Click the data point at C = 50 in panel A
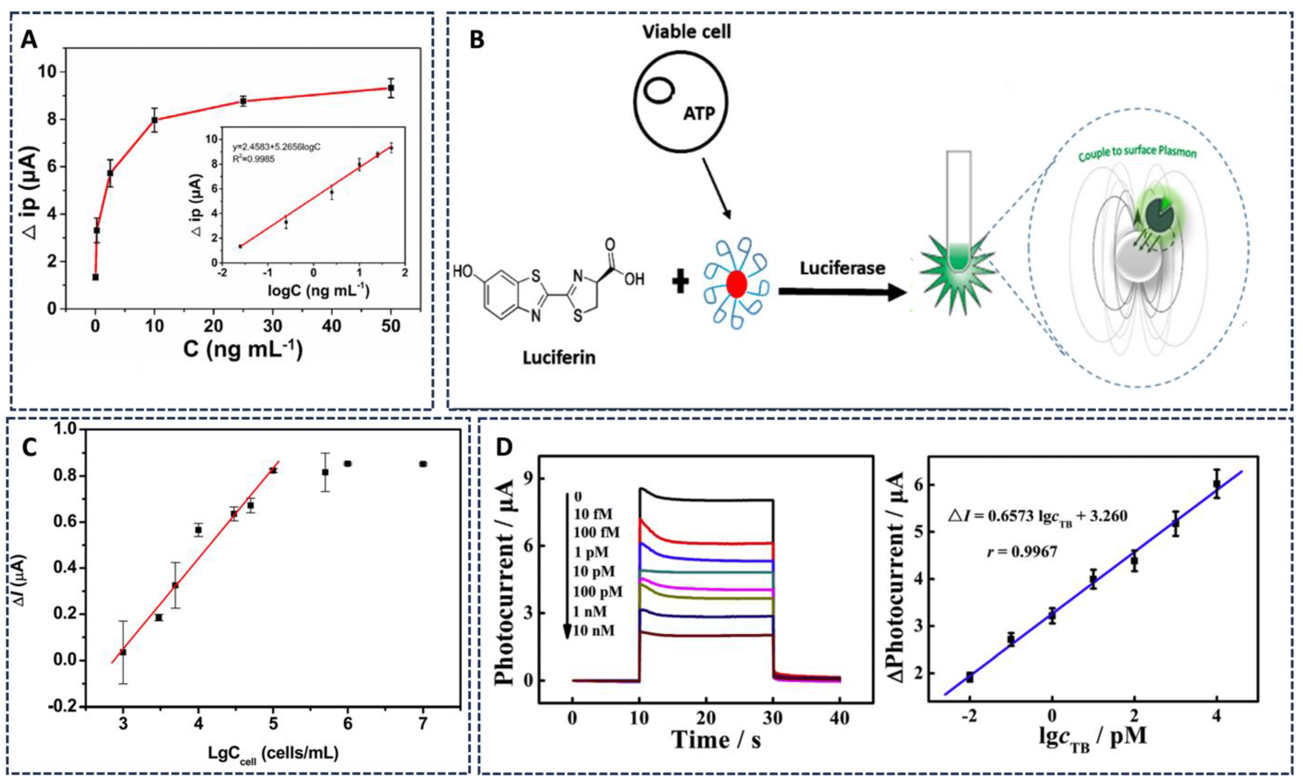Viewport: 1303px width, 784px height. [x=391, y=88]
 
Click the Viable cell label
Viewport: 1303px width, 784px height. [x=687, y=32]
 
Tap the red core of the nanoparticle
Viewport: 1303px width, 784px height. [x=736, y=285]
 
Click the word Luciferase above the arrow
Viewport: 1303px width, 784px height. [x=842, y=268]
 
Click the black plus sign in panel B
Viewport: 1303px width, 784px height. [x=680, y=283]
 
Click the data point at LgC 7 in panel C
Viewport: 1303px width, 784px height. [x=422, y=464]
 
